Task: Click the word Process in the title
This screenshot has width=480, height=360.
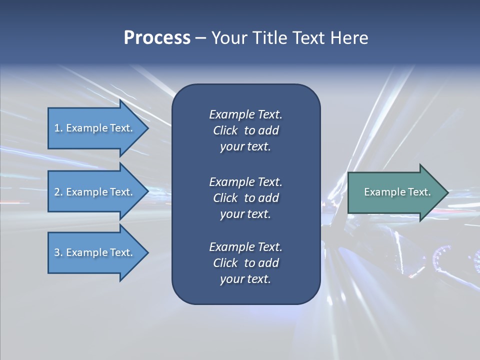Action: (157, 38)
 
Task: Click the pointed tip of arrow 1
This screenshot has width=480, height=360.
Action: (147, 128)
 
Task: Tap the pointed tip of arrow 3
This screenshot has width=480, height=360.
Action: (147, 252)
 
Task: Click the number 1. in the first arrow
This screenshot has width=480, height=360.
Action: (58, 128)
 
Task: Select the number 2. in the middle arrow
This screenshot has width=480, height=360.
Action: (58, 192)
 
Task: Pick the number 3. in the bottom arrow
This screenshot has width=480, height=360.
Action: (58, 252)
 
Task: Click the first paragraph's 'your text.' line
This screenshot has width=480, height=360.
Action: (245, 146)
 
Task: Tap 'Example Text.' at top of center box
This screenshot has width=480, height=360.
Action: (245, 114)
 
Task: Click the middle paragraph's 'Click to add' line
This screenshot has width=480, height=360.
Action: (245, 198)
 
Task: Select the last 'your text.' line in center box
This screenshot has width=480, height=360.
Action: (245, 279)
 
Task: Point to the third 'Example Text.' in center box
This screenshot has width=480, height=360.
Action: (245, 247)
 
